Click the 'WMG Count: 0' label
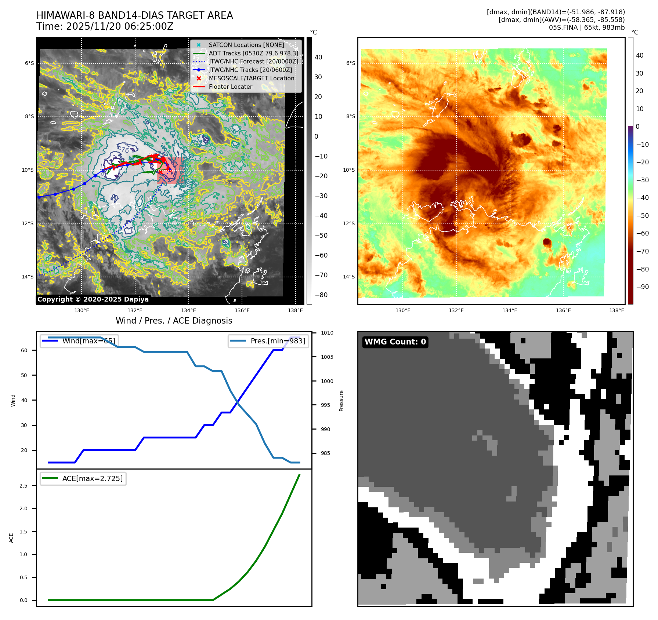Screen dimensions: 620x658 (x=395, y=342)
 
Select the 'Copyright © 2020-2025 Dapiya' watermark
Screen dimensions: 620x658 (x=93, y=299)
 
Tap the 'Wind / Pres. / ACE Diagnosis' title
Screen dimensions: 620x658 (x=174, y=321)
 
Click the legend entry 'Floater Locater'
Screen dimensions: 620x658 (x=230, y=87)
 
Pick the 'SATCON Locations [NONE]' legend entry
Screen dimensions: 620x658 (x=246, y=45)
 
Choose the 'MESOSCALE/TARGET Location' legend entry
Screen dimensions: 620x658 (x=251, y=79)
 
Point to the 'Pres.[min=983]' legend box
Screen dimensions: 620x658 (x=268, y=341)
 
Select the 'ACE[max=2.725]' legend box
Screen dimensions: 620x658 (x=83, y=478)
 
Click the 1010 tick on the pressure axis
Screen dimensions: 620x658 (x=327, y=333)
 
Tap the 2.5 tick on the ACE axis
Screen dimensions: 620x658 (x=23, y=486)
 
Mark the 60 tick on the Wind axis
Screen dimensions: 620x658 (x=24, y=350)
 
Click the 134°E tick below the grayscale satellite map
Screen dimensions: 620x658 (x=188, y=311)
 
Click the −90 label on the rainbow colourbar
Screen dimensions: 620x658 (x=642, y=287)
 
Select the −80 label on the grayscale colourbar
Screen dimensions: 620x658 (x=321, y=295)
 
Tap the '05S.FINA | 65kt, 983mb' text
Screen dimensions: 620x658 (x=586, y=28)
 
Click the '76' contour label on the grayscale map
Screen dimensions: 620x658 (x=125, y=150)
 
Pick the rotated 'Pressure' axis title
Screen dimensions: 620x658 (x=341, y=401)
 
